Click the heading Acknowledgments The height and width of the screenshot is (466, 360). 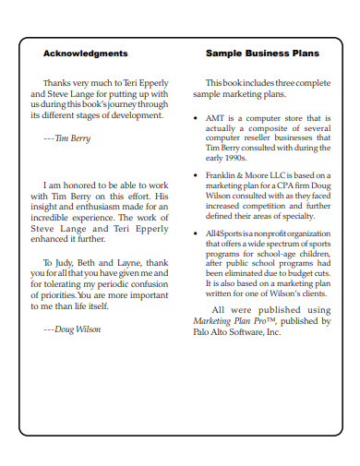86,54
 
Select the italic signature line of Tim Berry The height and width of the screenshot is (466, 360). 67,137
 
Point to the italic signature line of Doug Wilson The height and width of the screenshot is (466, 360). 72,329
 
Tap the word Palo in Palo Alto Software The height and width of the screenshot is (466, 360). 204,332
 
